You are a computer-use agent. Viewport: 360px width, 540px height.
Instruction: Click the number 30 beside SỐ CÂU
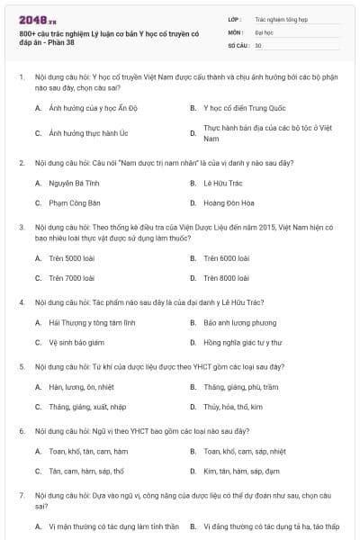tap(258, 44)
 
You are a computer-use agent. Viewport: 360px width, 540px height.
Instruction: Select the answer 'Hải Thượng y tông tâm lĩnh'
tap(92, 321)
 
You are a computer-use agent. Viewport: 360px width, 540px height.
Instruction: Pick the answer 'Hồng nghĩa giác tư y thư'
tap(242, 343)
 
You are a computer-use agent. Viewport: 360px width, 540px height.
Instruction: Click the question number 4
tap(22, 301)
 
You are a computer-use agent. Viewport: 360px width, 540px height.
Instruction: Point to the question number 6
tap(22, 430)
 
